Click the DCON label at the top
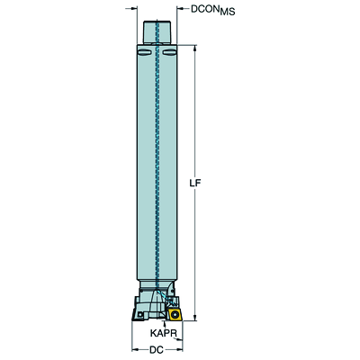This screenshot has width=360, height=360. coord(204,9)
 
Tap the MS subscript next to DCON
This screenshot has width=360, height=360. coord(227,12)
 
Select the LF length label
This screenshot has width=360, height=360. coord(194,183)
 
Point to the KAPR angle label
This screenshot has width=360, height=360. coord(163,333)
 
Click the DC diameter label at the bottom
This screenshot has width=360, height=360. coord(156,350)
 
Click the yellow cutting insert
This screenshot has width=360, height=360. coord(175,314)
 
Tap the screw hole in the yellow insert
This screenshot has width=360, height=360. coord(174,315)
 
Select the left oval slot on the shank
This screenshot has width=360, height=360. coord(144,52)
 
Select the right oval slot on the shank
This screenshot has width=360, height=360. coord(168,52)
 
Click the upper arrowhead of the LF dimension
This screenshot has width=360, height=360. coord(195,48)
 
